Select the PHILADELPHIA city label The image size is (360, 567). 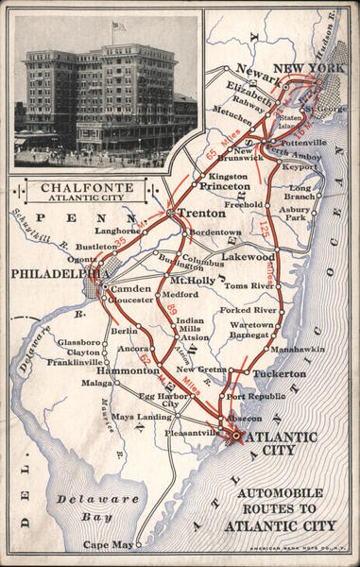[47, 274]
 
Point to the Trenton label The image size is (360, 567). [201, 213]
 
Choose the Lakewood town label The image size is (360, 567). [249, 256]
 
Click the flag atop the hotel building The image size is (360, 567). [119, 26]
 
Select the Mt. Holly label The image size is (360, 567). [192, 281]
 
